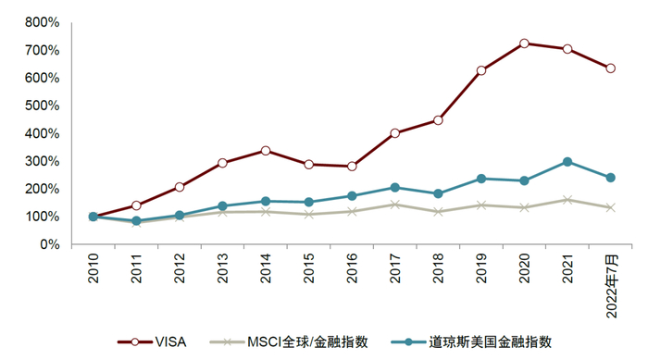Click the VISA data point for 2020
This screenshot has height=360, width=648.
524,43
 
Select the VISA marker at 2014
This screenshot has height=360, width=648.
265,150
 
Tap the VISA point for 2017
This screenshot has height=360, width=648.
394,133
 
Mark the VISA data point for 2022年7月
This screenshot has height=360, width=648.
610,68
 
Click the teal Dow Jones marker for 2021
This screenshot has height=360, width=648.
567,162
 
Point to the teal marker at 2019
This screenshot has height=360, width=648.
481,179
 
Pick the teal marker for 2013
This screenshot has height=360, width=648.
222,206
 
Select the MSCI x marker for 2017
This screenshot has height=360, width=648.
394,205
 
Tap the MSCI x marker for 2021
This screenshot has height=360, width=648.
567,200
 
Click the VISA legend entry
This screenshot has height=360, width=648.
158,341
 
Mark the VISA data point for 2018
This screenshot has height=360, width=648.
438,120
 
